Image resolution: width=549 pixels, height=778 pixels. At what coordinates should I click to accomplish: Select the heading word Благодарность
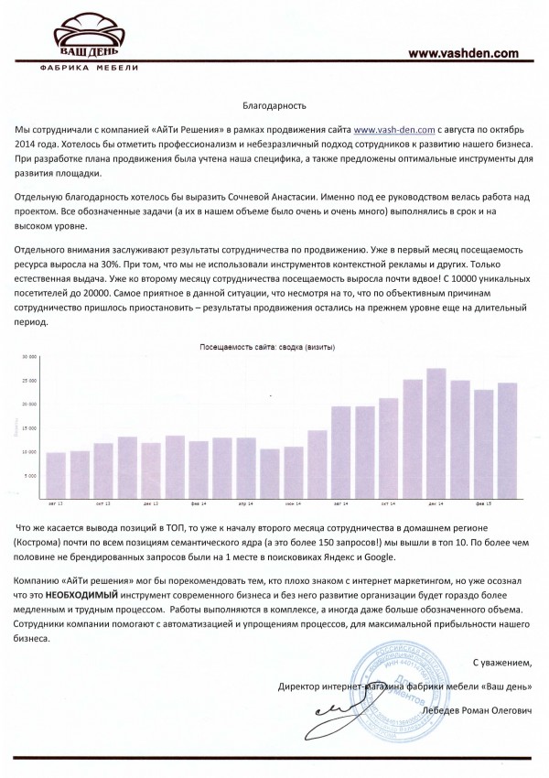274,107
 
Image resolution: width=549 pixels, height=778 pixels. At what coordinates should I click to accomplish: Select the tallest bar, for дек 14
436,434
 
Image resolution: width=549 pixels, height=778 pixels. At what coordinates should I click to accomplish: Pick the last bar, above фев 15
507,441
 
